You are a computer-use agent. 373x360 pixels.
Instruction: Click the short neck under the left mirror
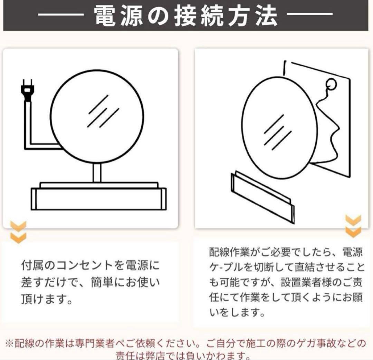(97, 173)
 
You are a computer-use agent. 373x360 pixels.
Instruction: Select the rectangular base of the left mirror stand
(98, 198)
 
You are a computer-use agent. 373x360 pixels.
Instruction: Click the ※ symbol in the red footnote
(9, 344)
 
